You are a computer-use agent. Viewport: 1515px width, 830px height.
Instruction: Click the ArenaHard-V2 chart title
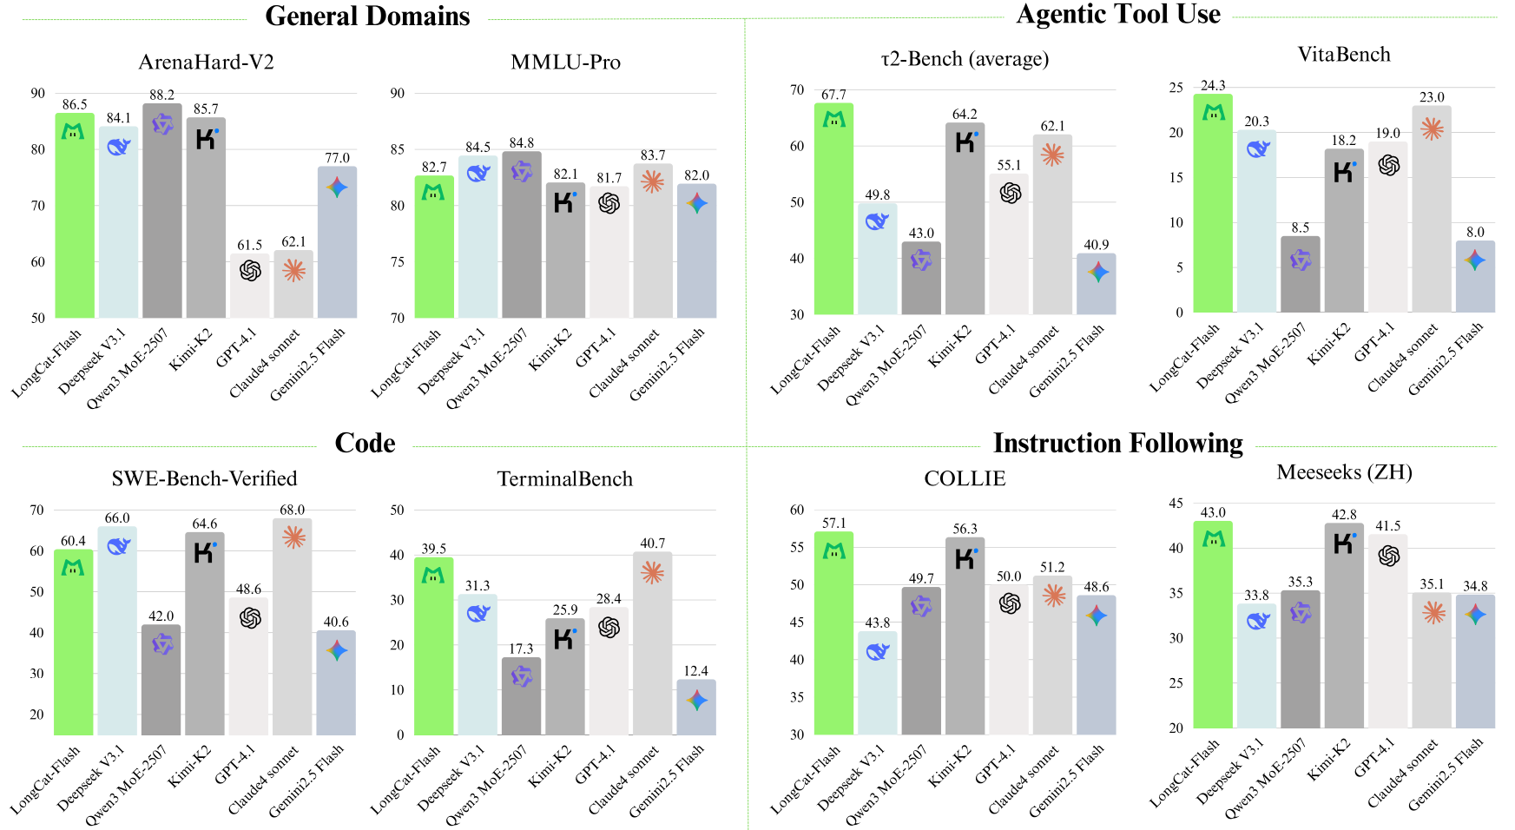click(206, 63)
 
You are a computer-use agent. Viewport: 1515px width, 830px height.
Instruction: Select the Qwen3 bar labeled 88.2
click(162, 217)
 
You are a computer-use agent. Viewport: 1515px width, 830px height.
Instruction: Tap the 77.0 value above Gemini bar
click(337, 158)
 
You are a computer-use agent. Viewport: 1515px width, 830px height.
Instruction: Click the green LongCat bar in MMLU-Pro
click(433, 252)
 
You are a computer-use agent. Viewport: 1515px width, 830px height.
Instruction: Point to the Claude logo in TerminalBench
click(652, 573)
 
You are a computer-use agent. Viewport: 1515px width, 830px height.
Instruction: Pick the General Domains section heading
click(367, 16)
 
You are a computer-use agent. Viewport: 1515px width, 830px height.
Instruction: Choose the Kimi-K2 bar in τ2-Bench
click(965, 226)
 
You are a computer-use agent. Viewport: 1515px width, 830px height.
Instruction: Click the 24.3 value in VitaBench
click(1213, 85)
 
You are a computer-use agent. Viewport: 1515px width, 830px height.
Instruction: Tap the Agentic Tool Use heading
click(1118, 15)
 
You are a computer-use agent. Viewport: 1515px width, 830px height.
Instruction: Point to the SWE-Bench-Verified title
click(204, 478)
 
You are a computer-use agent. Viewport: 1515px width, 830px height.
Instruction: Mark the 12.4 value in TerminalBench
click(695, 671)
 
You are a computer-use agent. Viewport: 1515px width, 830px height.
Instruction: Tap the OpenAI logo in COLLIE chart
click(1009, 603)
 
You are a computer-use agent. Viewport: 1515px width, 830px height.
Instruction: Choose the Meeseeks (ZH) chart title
click(1344, 472)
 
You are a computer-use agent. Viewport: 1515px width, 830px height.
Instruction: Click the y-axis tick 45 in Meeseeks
click(1176, 504)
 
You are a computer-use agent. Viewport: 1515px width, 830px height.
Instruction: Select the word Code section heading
click(365, 444)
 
